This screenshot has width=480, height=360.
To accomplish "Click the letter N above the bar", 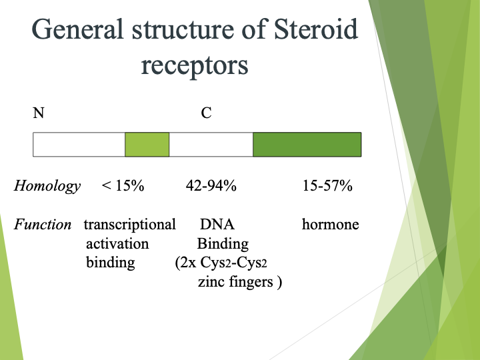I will pyautogui.click(x=39, y=113).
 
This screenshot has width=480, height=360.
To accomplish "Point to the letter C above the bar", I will pyautogui.click(x=207, y=113).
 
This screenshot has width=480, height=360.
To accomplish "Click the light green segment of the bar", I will pyautogui.click(x=147, y=145).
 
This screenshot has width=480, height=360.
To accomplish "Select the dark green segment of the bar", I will pyautogui.click(x=307, y=145).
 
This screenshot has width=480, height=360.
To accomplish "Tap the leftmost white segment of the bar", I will pyautogui.click(x=79, y=145).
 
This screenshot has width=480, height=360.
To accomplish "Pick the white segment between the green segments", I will pyautogui.click(x=211, y=145).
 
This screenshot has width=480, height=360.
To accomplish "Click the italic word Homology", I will pyautogui.click(x=47, y=187).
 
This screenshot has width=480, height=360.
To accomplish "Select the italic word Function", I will pyautogui.click(x=43, y=225).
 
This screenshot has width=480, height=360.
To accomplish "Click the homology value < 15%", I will pyautogui.click(x=123, y=187).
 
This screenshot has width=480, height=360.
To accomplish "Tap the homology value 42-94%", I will pyautogui.click(x=211, y=187).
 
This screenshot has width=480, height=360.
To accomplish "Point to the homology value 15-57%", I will pyautogui.click(x=327, y=187).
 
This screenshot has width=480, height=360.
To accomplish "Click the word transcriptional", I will pyautogui.click(x=129, y=225).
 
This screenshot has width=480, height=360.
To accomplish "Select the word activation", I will pyautogui.click(x=117, y=243).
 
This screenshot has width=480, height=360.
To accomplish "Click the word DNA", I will pyautogui.click(x=217, y=225).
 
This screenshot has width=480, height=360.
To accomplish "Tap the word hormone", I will pyautogui.click(x=330, y=225).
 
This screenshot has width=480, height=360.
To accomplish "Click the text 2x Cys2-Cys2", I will pyautogui.click(x=225, y=263).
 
